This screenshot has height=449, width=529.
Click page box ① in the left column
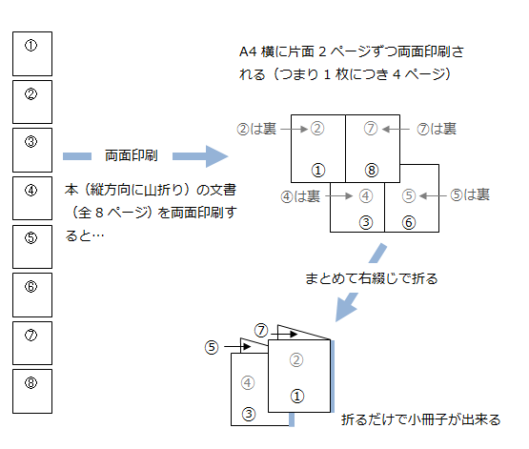coord(32,53)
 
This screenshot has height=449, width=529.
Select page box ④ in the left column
coord(32,198)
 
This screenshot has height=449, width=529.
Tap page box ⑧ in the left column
coord(32,391)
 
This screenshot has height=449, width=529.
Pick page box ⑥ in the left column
coord(32,295)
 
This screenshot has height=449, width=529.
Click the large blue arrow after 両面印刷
coord(200,156)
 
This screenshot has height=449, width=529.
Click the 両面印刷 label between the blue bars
coord(132,155)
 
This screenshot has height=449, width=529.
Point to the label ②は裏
coord(256,129)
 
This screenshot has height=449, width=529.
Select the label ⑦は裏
coord(437,129)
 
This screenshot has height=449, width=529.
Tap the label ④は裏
coord(300,196)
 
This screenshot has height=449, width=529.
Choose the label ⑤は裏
coord(470,195)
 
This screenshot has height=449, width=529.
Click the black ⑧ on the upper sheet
coord(372,171)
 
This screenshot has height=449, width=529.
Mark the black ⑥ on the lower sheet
coord(409,223)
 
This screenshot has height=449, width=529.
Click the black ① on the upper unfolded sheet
coord(318,171)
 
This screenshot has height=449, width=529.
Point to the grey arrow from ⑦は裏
coord(396,129)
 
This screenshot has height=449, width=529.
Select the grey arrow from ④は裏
coord(339,196)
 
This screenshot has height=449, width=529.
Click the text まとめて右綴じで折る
coord(372,278)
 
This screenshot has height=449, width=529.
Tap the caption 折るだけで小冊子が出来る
coord(420,419)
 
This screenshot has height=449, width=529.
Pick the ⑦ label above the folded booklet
coord(261,331)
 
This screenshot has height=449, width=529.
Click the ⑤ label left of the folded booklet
coord(212,347)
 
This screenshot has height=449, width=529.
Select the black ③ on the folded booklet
coord(249,414)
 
